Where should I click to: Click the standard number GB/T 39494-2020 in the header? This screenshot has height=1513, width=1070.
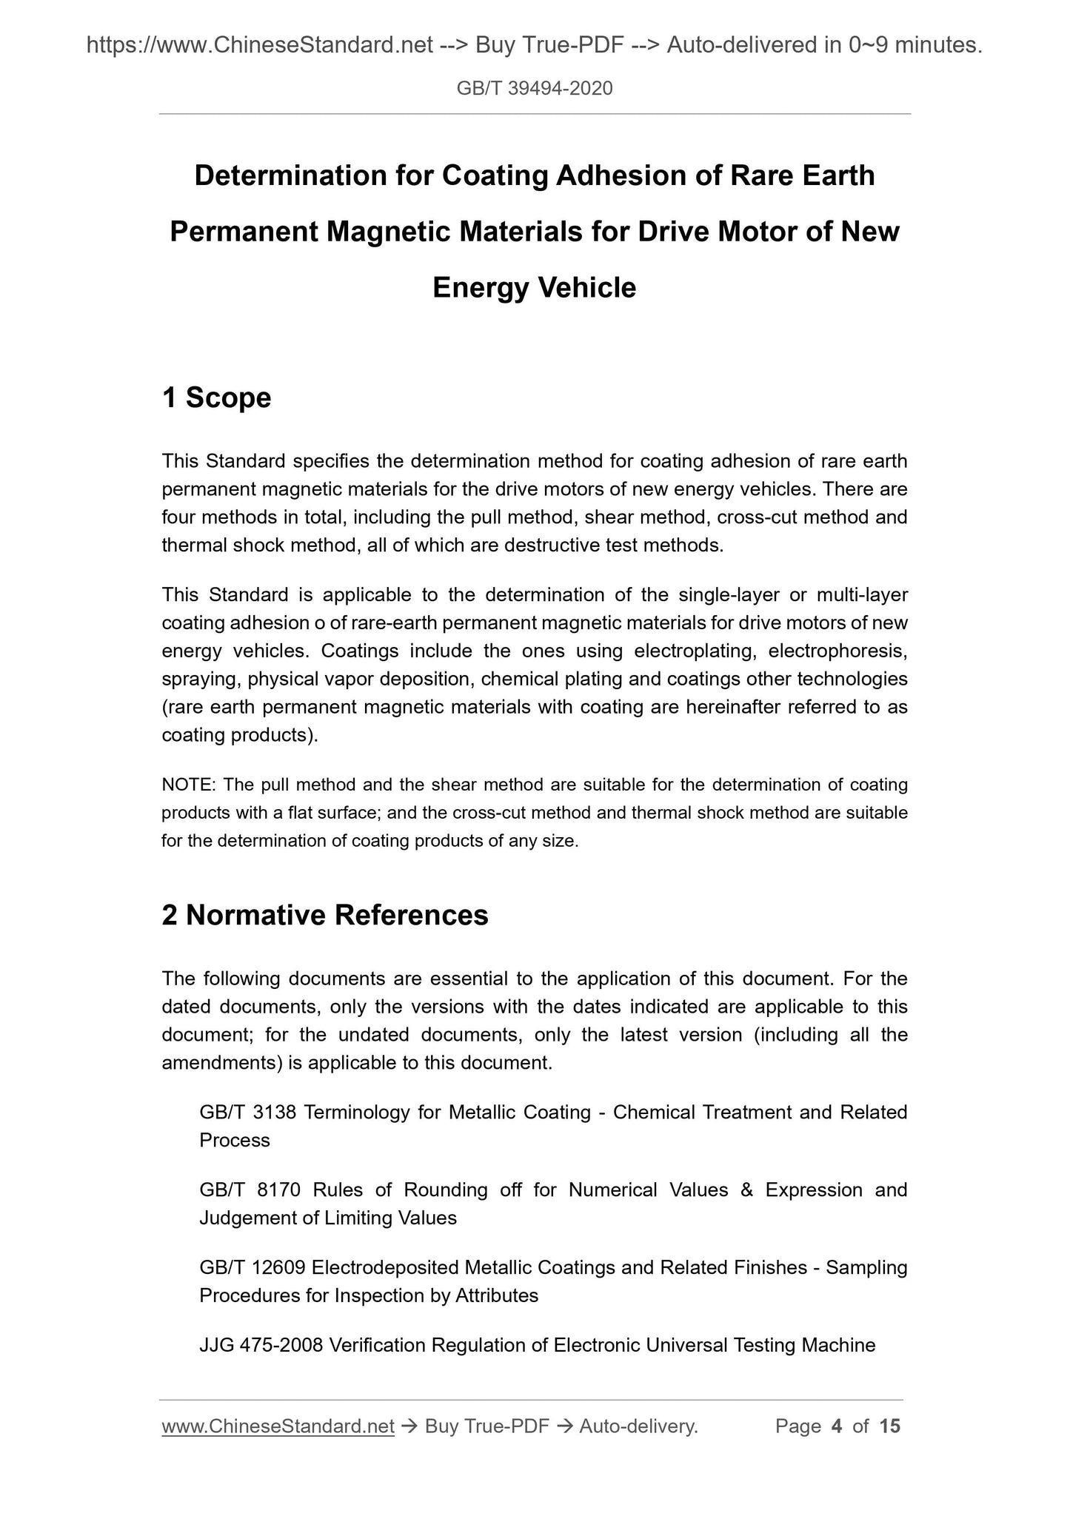(535, 90)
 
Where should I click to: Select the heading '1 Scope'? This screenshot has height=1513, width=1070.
(216, 398)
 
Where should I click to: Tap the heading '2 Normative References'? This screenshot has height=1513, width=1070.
(325, 916)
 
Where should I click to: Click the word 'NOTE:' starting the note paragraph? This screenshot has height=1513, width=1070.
(188, 785)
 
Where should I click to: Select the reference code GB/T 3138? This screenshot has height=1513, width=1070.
(248, 1113)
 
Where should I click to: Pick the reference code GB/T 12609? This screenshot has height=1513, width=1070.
(253, 1268)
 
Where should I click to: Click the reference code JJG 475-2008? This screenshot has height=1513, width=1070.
(261, 1345)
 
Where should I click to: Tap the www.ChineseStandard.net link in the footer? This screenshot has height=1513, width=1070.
(278, 1426)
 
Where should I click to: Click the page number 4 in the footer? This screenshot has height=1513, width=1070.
(837, 1426)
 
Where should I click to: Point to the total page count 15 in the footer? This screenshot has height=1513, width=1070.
(890, 1426)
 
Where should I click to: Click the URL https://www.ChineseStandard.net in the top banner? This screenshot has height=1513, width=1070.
(259, 47)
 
